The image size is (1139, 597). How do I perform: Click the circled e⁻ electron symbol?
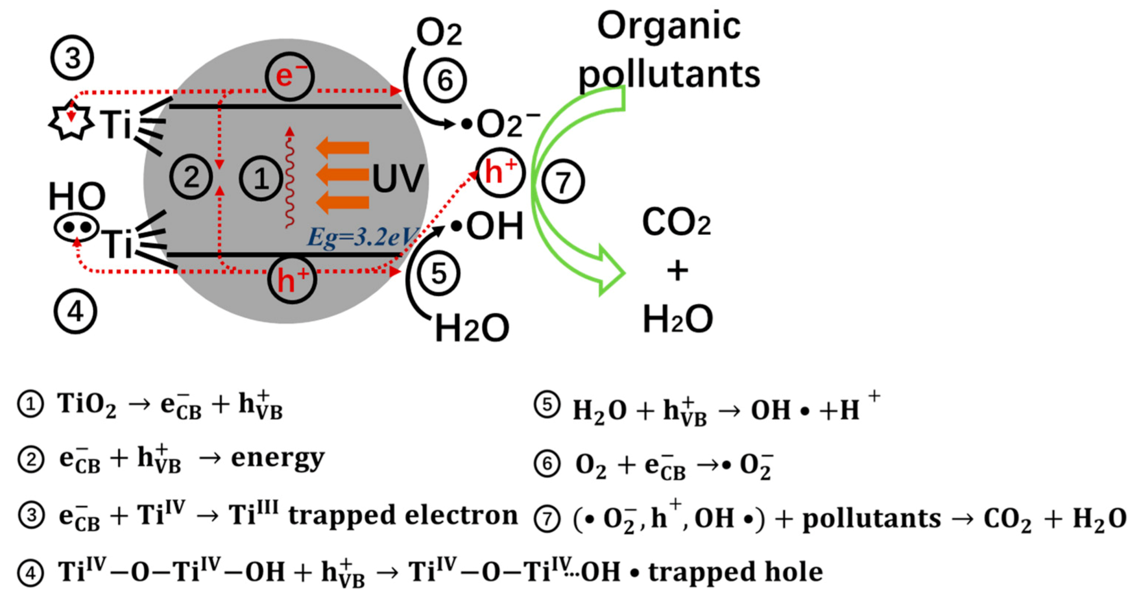(289, 77)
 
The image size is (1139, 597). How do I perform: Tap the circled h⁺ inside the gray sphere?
(292, 280)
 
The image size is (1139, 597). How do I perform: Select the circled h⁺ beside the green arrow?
(500, 173)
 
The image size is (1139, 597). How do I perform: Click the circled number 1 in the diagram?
(261, 178)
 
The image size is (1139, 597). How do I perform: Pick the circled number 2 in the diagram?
(191, 177)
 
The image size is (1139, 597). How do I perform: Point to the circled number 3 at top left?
(72, 58)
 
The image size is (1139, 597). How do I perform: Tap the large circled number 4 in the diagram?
(75, 311)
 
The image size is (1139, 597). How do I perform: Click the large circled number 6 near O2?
(445, 80)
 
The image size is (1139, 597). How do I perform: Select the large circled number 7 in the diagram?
(563, 181)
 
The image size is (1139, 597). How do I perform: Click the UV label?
(397, 178)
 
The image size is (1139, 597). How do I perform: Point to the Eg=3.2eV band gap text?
(362, 238)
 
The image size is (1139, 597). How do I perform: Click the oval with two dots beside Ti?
(77, 227)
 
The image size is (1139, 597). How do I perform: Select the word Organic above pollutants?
(668, 26)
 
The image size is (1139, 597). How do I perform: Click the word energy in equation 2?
(278, 459)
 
